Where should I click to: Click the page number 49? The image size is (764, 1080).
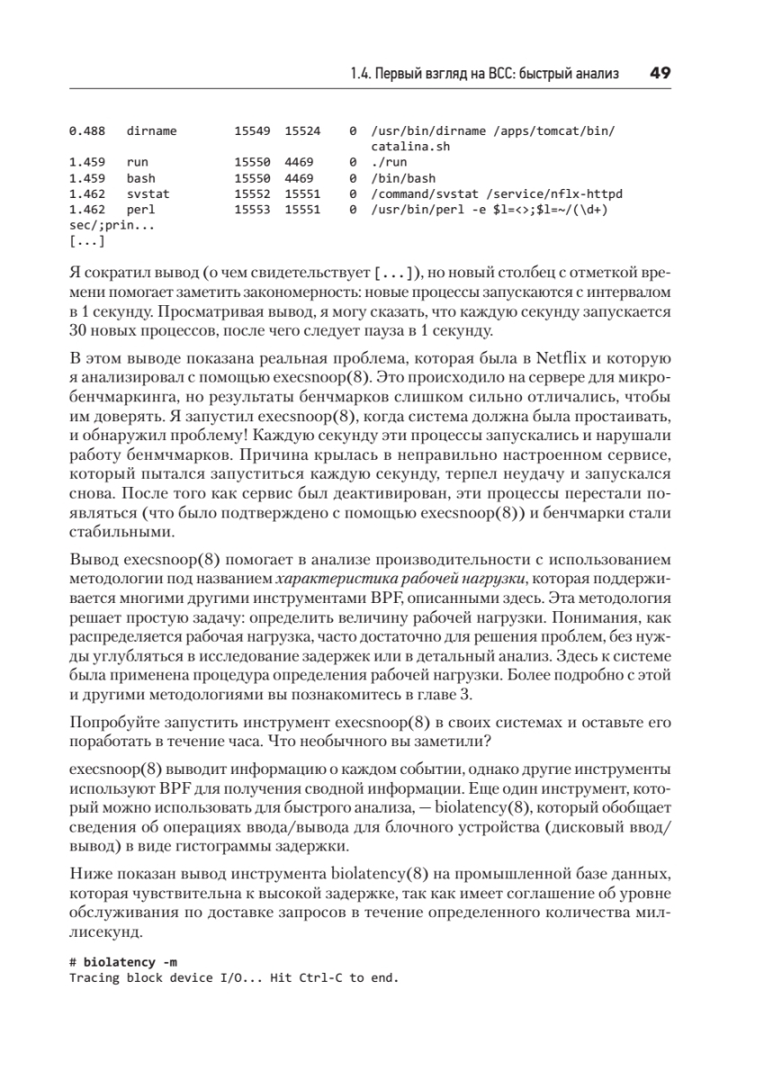661,73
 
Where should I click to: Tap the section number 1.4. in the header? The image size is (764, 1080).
362,74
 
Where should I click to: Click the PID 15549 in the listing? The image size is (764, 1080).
251,130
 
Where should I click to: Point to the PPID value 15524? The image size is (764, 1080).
302,130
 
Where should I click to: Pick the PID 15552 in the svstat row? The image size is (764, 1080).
251,193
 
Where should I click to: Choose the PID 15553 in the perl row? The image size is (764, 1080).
251,209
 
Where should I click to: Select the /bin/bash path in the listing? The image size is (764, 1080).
401,178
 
